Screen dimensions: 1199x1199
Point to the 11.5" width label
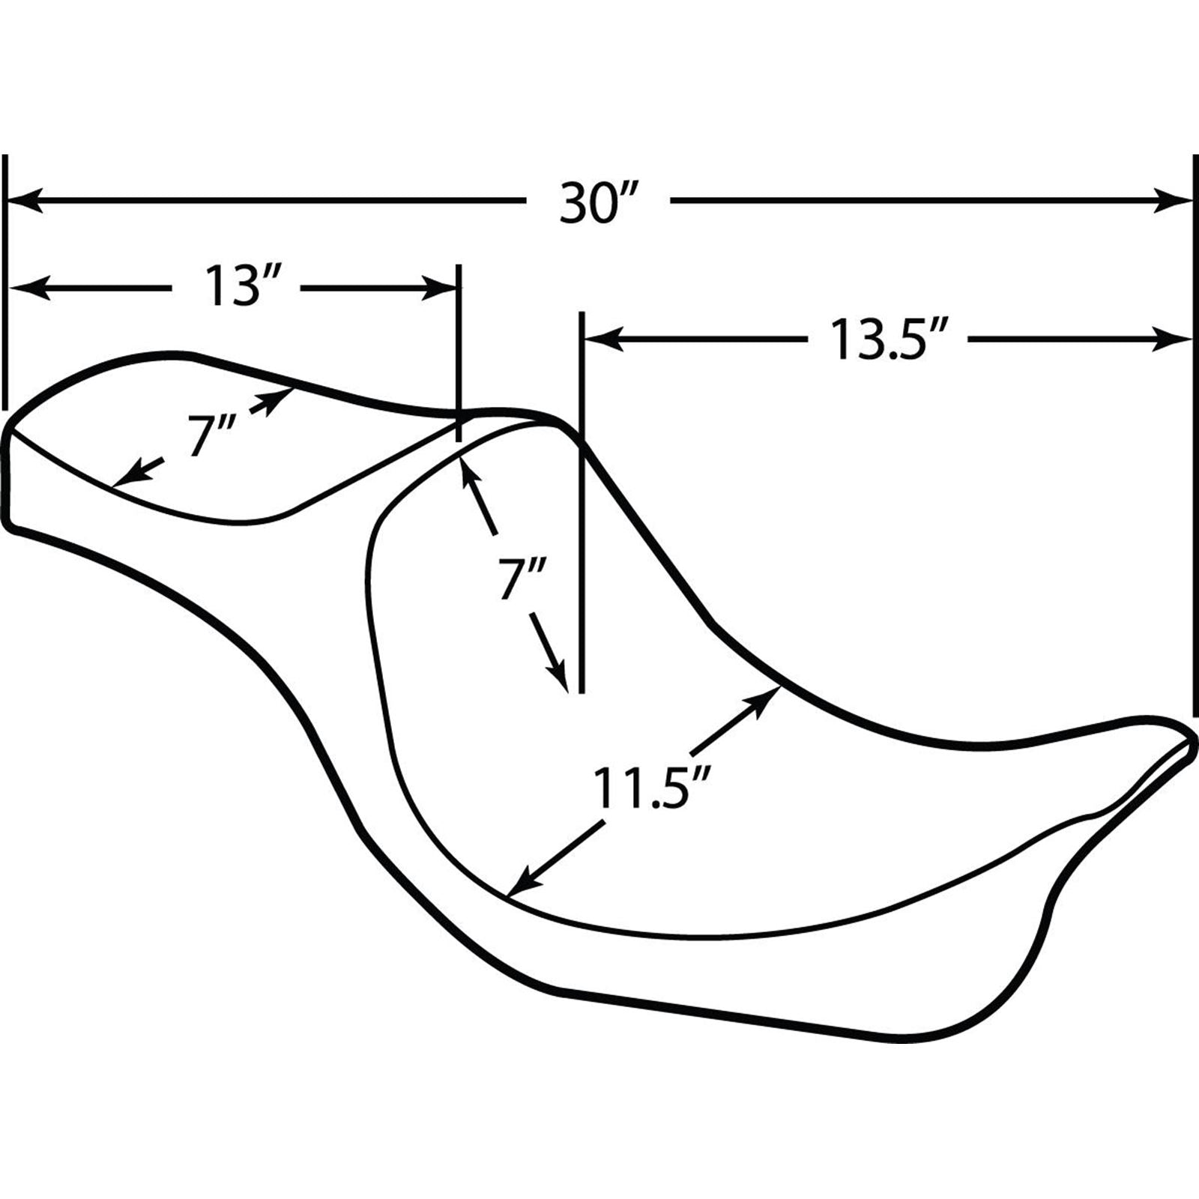click(x=650, y=786)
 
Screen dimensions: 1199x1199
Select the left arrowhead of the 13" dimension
click(x=27, y=287)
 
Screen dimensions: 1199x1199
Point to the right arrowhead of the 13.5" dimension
click(x=1173, y=339)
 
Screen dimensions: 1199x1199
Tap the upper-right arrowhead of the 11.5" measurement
click(x=764, y=702)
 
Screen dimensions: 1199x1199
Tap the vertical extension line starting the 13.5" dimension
click(x=581, y=502)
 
